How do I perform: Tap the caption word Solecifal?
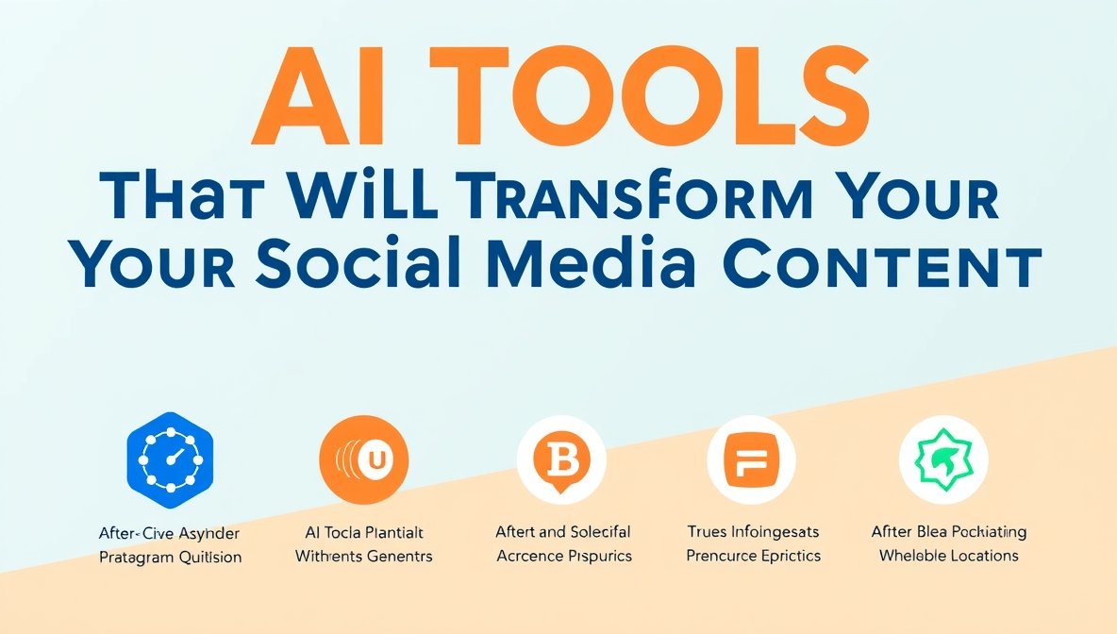click(x=597, y=532)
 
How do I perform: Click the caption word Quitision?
click(x=208, y=558)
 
